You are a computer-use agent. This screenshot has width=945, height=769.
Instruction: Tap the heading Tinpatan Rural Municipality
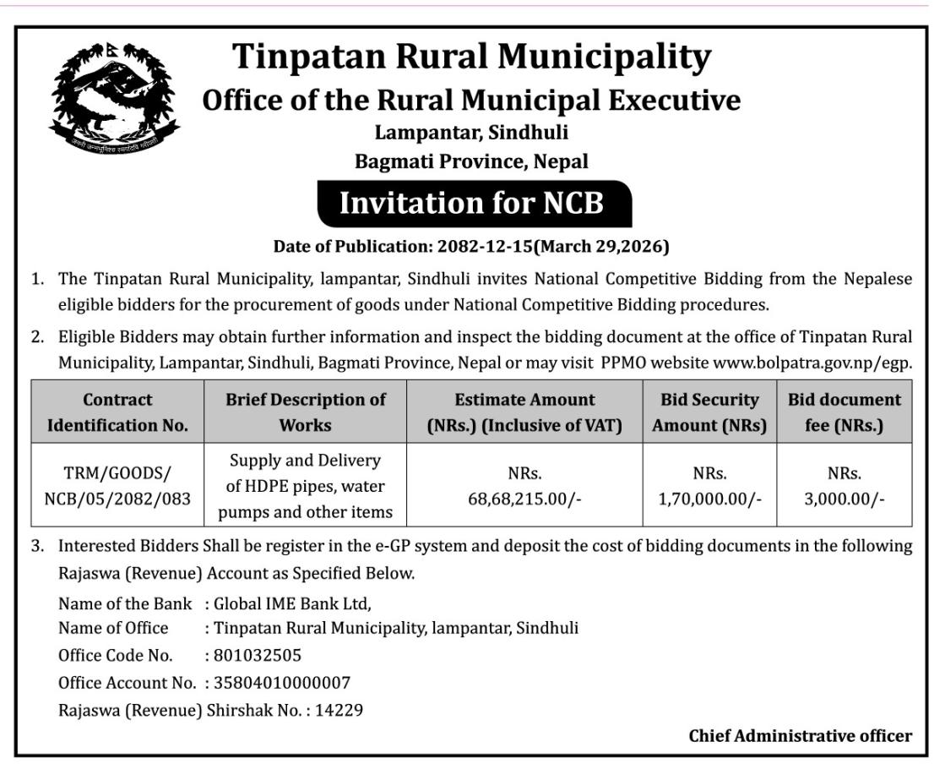click(x=471, y=57)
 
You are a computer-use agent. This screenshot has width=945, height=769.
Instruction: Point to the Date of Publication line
click(x=471, y=247)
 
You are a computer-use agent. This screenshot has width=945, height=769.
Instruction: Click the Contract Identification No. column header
click(x=117, y=412)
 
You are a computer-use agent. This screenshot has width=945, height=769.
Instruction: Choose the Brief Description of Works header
click(x=305, y=412)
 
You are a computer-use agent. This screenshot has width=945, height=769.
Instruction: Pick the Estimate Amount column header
click(x=524, y=412)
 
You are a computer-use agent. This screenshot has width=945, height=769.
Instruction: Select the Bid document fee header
click(x=844, y=412)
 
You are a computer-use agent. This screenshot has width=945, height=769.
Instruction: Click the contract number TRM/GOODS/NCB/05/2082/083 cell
click(x=117, y=487)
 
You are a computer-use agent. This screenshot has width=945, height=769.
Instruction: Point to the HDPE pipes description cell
click(x=305, y=486)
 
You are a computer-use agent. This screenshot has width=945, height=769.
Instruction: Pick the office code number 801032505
click(x=258, y=656)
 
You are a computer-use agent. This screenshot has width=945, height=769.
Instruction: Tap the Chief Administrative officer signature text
click(x=800, y=735)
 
